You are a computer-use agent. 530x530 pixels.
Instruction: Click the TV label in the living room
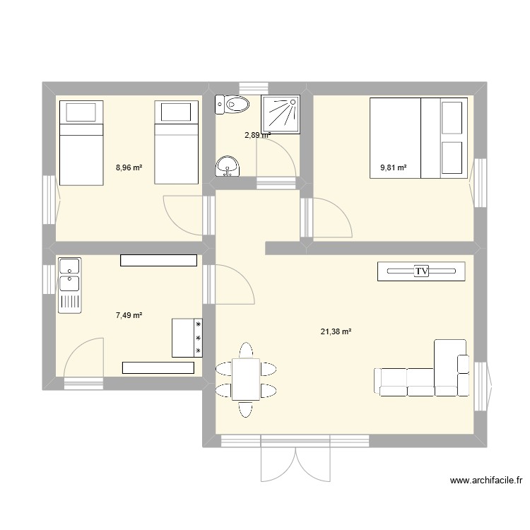click(422, 271)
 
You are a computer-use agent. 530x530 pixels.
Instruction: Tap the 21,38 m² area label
click(336, 331)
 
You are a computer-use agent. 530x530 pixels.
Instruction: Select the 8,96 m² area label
click(129, 168)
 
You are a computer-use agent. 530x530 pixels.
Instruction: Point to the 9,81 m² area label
click(394, 168)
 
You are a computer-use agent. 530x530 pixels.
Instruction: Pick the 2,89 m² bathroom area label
click(257, 135)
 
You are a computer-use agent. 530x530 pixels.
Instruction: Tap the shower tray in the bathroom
click(282, 114)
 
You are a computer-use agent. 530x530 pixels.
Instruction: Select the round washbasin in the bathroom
click(227, 165)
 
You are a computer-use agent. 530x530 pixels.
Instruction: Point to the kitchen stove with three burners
click(187, 338)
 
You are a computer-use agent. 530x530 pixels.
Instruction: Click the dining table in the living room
click(246, 379)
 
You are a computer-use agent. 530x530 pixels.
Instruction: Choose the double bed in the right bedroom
click(418, 136)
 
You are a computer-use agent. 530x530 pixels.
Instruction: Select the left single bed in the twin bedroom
click(80, 142)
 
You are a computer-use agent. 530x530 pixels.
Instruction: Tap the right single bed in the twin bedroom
click(175, 142)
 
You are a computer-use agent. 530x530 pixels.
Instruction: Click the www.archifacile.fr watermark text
click(486, 481)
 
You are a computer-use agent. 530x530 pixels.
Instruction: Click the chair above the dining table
click(246, 351)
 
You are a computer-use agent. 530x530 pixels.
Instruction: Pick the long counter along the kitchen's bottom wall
click(158, 367)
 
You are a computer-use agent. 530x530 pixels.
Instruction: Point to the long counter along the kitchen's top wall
click(158, 260)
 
